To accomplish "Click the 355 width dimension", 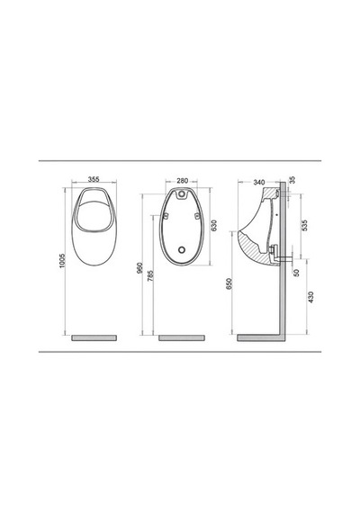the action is [94, 179].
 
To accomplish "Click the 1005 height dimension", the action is [62, 261].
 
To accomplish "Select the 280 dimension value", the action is [183, 181].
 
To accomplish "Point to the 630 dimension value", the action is [214, 225].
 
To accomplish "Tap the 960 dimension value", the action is [140, 268].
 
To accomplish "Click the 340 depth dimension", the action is [259, 182].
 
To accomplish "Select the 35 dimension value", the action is [292, 180].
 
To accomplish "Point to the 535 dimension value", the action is [305, 225].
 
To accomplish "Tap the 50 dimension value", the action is [296, 273].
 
